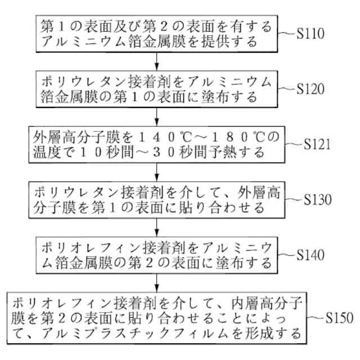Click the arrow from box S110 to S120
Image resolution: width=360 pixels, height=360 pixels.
[x=156, y=61]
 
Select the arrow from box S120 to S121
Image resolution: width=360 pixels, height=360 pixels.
[x=156, y=117]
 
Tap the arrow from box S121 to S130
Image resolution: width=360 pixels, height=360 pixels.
[x=156, y=172]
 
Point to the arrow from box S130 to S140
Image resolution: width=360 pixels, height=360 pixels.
[x=156, y=227]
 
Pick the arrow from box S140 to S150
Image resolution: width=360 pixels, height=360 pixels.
[x=156, y=282]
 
